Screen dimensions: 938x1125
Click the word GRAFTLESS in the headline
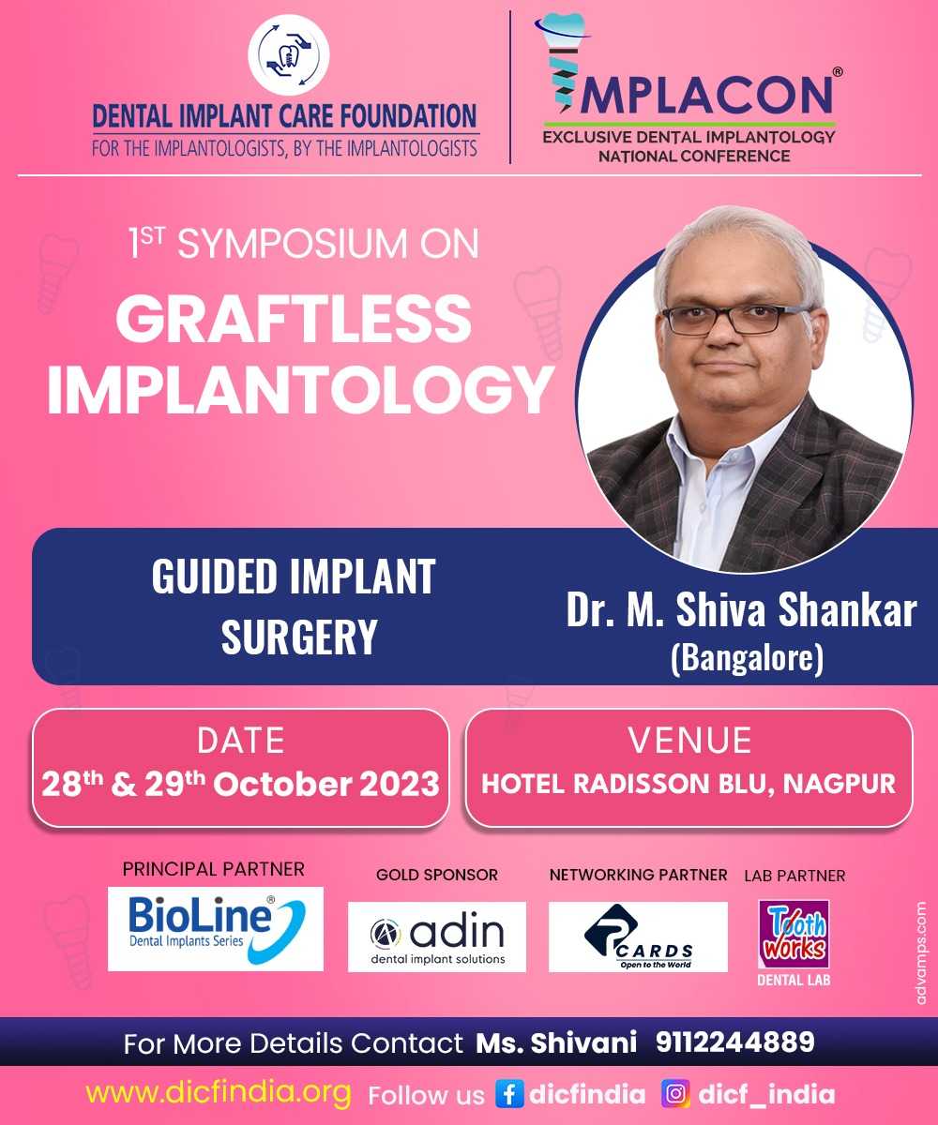294,319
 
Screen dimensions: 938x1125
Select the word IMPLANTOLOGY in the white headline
300,388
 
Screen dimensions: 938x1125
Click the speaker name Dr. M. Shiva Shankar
741,610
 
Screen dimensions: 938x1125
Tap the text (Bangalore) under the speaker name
748,658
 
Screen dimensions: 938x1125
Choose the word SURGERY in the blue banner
298,637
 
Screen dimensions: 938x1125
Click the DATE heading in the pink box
240,741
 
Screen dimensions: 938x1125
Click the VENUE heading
689,741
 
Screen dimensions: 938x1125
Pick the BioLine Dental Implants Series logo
216,929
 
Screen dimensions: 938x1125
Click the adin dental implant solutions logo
437,937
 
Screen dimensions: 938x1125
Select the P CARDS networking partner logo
638,937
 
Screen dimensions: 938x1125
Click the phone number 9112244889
735,1042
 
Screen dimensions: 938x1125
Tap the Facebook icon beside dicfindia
509,1094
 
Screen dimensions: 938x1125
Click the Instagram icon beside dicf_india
675,1094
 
